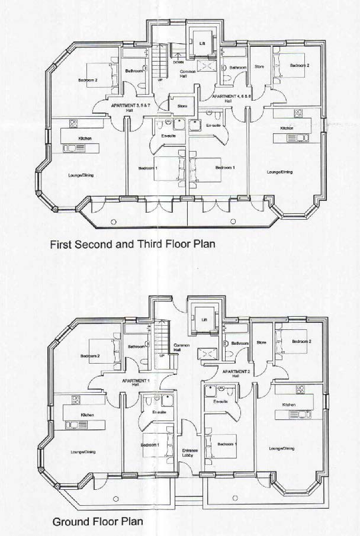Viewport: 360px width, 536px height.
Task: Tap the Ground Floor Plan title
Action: (98, 522)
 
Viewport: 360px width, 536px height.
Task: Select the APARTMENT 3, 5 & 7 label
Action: (127, 106)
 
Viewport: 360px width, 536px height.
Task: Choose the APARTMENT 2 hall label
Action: (235, 373)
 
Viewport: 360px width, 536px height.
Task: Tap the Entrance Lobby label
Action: (189, 453)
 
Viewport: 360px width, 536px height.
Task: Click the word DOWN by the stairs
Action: (178, 62)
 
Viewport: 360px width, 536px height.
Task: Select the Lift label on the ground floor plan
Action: (204, 320)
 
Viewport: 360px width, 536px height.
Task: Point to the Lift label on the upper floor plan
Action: (202, 43)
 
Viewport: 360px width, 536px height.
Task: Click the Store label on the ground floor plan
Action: (262, 342)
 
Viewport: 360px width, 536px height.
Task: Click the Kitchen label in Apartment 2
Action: (288, 405)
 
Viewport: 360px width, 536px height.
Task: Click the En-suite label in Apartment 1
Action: (159, 412)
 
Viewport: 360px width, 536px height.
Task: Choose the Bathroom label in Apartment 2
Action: (240, 344)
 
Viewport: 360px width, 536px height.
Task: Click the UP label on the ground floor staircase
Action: (161, 356)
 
